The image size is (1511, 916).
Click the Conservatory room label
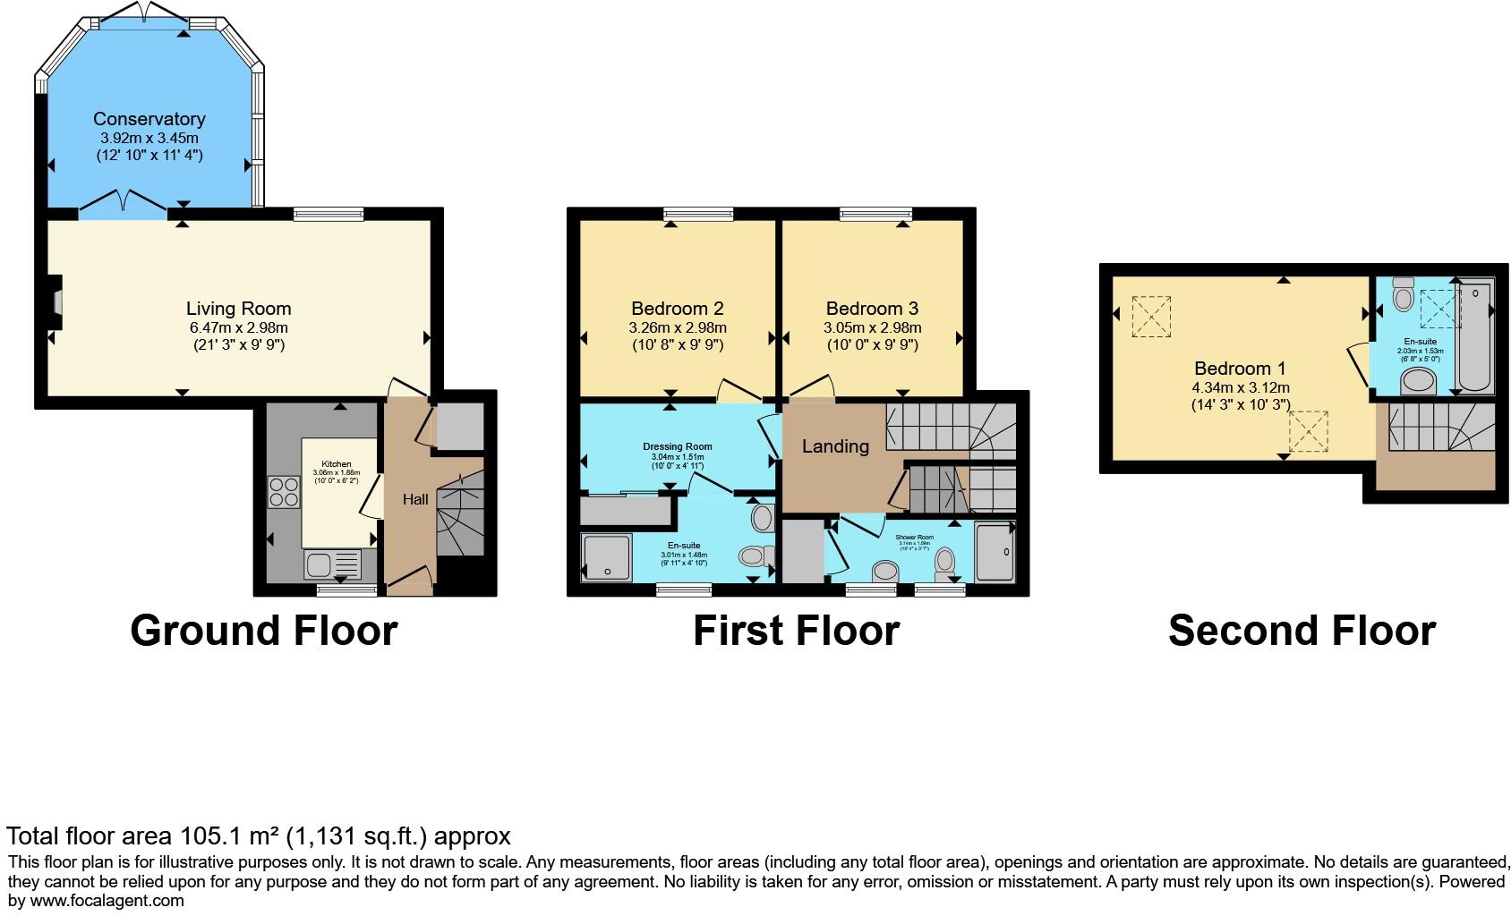tap(149, 119)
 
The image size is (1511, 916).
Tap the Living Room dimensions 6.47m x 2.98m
tap(238, 327)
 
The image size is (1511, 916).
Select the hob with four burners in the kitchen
tap(284, 493)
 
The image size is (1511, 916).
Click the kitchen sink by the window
tap(332, 564)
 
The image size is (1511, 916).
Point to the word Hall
tap(414, 500)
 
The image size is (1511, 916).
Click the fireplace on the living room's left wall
tap(56, 303)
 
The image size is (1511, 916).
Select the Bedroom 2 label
tap(677, 309)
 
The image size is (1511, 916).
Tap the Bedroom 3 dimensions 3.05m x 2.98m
tap(872, 327)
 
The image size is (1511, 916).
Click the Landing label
tap(835, 446)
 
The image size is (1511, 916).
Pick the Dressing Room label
tap(677, 446)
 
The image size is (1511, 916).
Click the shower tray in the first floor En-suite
tap(608, 556)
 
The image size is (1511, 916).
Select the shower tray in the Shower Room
tap(995, 551)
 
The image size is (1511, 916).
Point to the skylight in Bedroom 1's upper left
tap(1151, 317)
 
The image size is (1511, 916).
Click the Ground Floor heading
tap(263, 631)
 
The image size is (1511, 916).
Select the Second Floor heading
tap(1302, 631)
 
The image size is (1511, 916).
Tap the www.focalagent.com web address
tap(107, 901)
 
